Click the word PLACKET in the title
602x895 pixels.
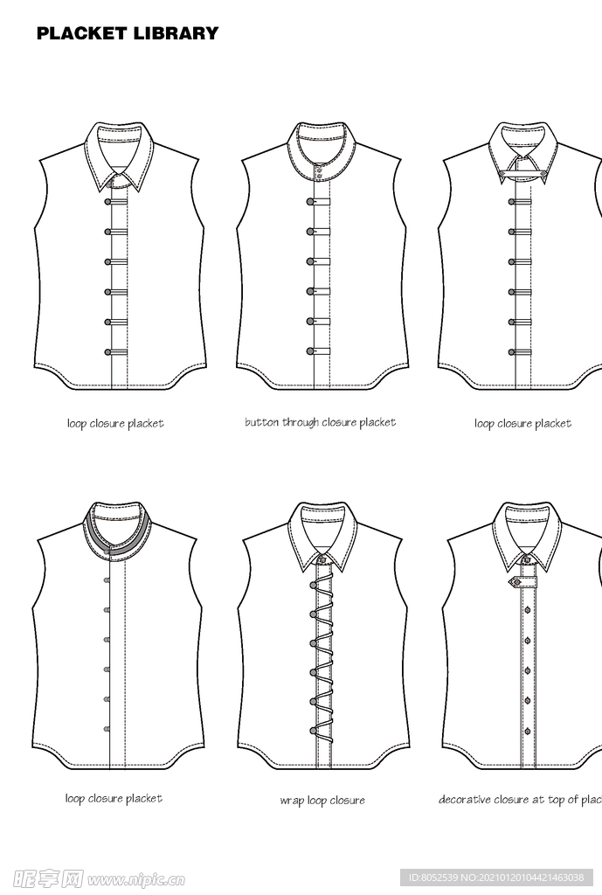[82, 34]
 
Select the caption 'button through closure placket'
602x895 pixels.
[320, 423]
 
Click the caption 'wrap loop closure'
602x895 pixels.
[322, 801]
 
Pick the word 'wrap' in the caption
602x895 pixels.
[291, 801]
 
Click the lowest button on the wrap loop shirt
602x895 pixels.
[312, 731]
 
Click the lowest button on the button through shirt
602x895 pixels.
[310, 351]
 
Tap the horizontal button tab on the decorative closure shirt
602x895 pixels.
[522, 581]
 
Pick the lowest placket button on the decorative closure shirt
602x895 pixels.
[528, 731]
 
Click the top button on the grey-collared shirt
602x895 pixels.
[107, 580]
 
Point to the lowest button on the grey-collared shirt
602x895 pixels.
[107, 728]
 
